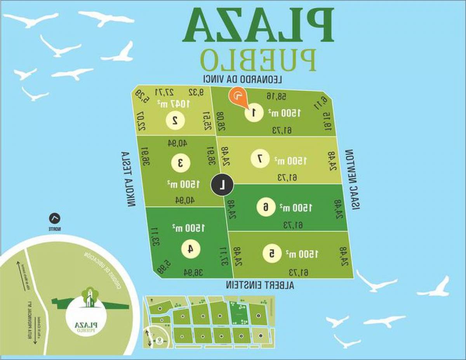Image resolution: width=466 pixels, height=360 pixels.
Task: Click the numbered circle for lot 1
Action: pos(253,113)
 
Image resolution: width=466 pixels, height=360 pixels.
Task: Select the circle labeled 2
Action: pos(175,120)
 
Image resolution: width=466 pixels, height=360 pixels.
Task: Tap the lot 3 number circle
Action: pos(180,163)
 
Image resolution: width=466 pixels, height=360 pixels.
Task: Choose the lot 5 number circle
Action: pos(272,253)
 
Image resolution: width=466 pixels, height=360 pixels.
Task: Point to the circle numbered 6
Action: pos(266,207)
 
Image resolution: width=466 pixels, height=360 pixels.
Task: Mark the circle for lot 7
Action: pos(260,159)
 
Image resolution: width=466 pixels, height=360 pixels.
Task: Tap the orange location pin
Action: pos(238,97)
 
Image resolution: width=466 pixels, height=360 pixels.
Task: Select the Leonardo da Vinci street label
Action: pos(242,79)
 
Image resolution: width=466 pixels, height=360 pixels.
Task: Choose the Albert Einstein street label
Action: pos(260,285)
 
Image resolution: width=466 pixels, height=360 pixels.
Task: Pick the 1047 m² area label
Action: pos(174,103)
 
